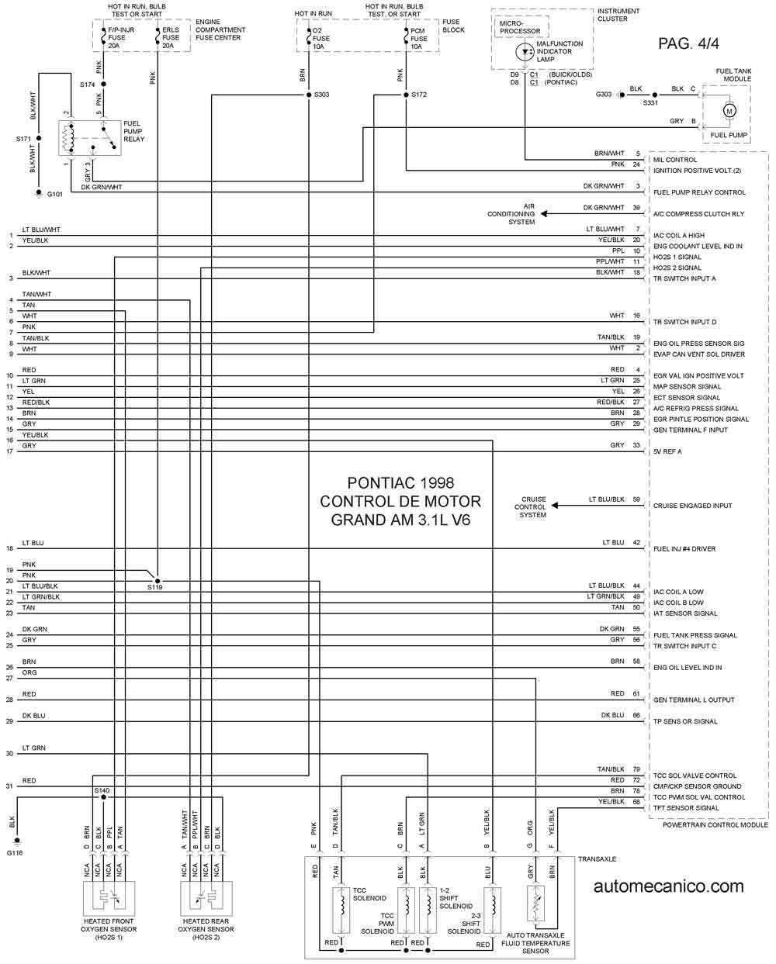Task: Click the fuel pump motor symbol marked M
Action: pos(729,111)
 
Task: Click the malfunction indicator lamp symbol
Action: pos(525,52)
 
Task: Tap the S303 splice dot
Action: pos(309,95)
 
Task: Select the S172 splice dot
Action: pos(406,95)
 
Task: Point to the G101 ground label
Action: pos(54,194)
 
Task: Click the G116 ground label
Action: pos(14,853)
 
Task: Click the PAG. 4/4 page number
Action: pos(688,43)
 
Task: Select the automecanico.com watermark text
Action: pos(668,886)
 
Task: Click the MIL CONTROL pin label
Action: pos(674,160)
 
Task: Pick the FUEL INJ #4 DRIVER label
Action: pos(684,549)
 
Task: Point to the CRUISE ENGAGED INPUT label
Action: pos(692,506)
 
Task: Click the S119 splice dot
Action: pos(158,581)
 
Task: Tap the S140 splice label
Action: pos(102,790)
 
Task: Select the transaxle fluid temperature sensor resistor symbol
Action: pos(536,903)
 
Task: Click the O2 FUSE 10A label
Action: pos(320,39)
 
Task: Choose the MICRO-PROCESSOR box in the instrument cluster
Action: pos(521,27)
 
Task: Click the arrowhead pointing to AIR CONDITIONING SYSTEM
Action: pos(544,214)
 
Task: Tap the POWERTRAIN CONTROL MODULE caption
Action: pos(715,824)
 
